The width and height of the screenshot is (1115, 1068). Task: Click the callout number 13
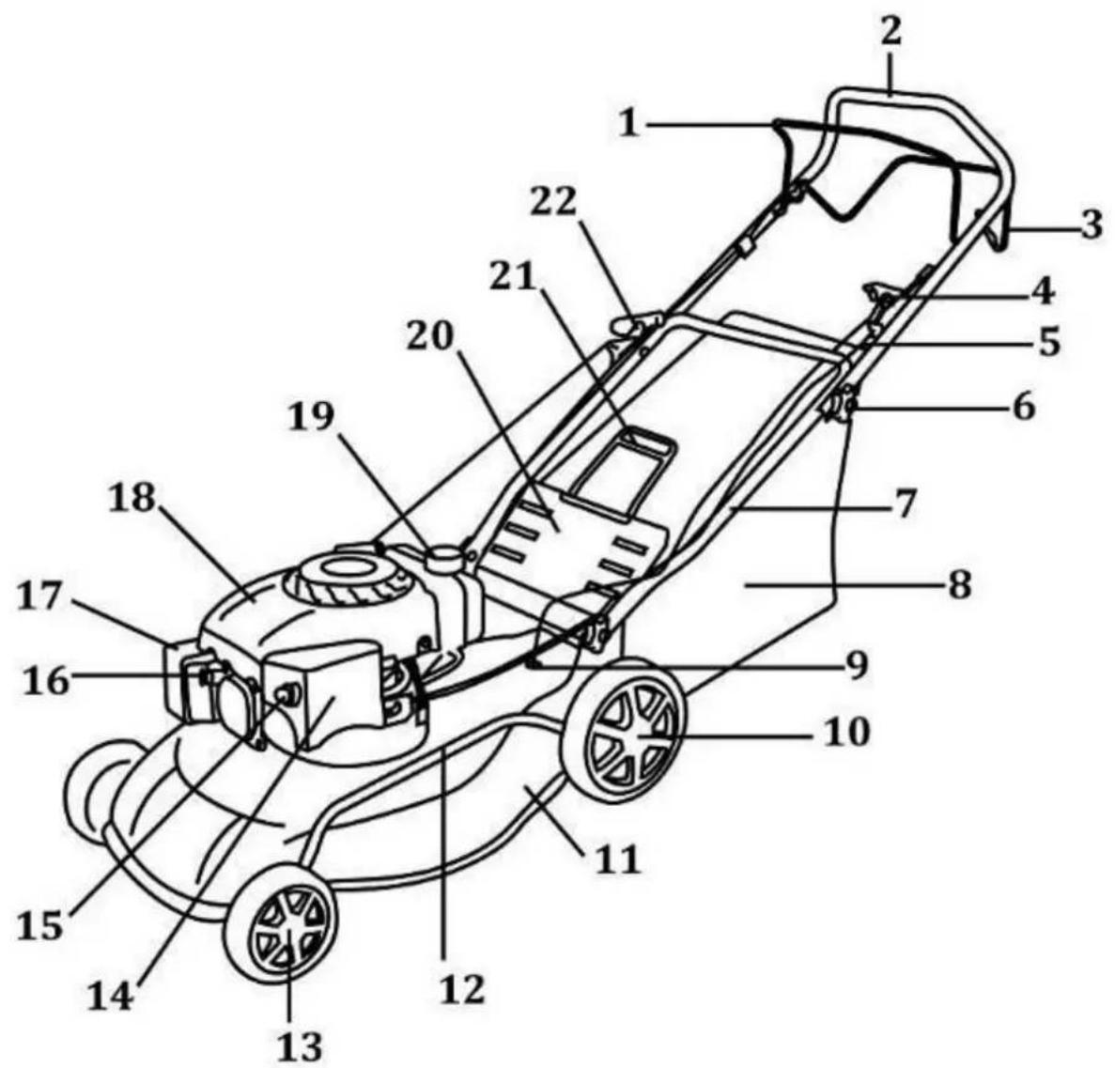point(300,1046)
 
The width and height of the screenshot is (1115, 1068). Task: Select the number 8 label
point(959,587)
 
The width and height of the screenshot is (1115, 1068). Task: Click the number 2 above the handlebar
point(890,31)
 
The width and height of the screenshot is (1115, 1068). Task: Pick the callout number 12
point(461,988)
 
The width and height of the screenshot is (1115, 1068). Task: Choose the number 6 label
point(1023,408)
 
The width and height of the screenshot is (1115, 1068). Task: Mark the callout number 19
point(311,417)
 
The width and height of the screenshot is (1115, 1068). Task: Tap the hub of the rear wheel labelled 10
point(637,735)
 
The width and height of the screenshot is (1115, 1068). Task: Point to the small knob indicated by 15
point(288,693)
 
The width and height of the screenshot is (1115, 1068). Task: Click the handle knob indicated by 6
point(839,406)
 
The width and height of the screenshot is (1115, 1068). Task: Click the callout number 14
point(110,997)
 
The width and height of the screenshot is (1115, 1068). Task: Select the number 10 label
point(847,732)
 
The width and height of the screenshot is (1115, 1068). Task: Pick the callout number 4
point(1043,292)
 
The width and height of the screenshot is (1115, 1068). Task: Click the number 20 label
point(429,337)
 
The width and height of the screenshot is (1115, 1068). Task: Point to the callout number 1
point(627,124)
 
